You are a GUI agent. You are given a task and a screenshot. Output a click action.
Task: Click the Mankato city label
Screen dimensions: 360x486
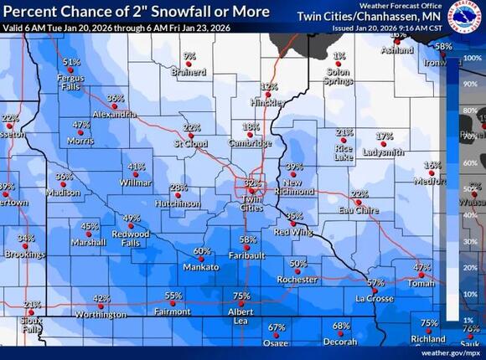point(201,268)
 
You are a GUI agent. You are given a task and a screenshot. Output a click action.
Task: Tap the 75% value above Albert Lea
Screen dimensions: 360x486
point(241,296)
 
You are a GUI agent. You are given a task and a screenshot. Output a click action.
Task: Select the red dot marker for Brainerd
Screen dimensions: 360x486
point(189,64)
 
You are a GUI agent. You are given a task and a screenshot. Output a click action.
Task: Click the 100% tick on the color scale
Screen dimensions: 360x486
point(473,58)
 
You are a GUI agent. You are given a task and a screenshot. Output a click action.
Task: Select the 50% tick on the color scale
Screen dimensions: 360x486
point(473,189)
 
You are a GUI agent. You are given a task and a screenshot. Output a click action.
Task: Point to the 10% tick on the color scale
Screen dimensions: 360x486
point(473,295)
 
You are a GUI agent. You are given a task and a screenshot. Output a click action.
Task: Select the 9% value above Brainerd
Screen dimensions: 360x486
point(189,56)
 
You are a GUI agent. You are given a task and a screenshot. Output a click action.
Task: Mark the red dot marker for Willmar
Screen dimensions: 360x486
point(136,174)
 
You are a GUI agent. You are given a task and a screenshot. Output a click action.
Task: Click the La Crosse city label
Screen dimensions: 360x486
point(374,299)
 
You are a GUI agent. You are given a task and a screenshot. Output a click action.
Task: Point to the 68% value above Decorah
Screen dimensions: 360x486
point(341,326)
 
